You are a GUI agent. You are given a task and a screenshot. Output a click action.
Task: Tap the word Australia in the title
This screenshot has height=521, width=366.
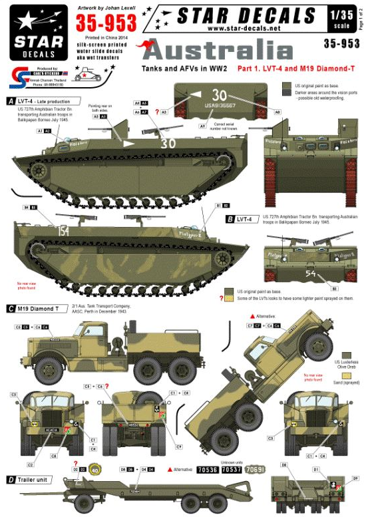(x=208, y=51)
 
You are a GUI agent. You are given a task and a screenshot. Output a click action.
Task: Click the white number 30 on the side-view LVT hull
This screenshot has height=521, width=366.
(x=150, y=144)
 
